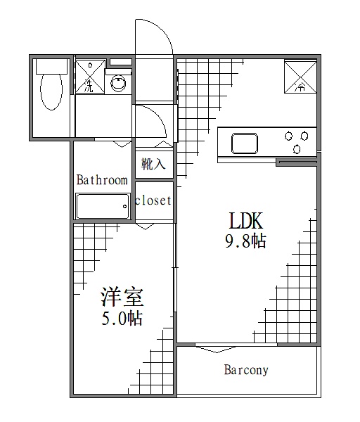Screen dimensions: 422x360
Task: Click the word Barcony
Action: click(x=245, y=369)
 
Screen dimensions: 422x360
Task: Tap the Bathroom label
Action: click(x=102, y=180)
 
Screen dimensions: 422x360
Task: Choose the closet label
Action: click(x=153, y=200)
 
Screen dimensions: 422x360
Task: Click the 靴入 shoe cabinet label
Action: click(x=153, y=165)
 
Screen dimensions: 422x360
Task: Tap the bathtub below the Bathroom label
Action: click(x=103, y=207)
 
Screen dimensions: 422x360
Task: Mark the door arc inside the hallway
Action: click(x=152, y=123)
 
